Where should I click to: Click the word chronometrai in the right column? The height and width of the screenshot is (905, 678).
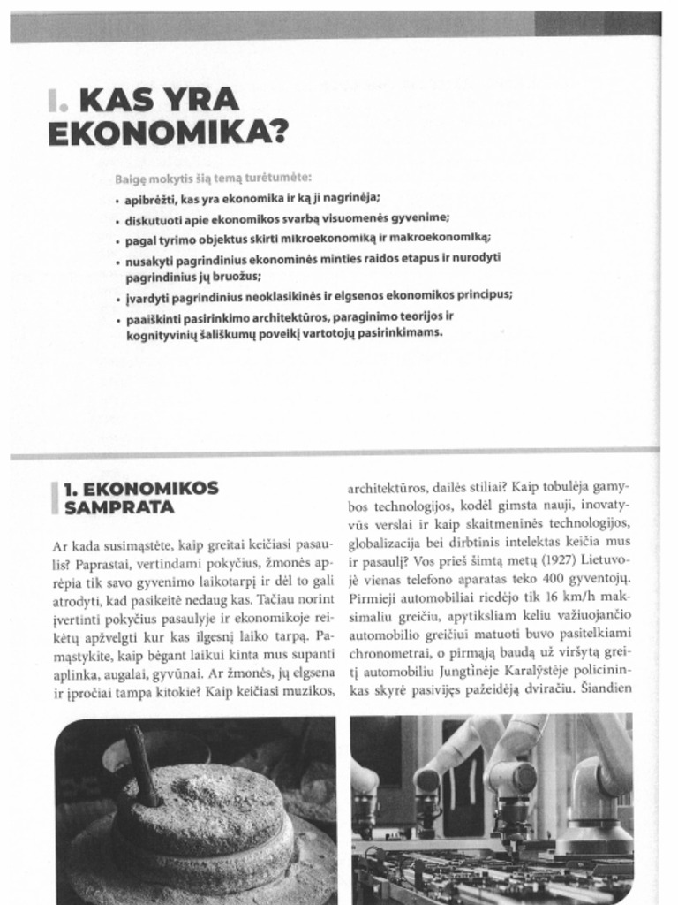[x=388, y=653]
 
